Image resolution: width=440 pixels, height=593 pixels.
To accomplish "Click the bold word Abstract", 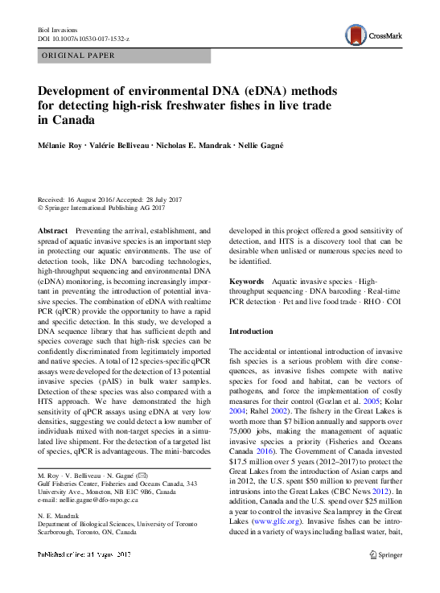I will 53,230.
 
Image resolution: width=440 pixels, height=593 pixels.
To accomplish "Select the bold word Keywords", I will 247,281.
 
